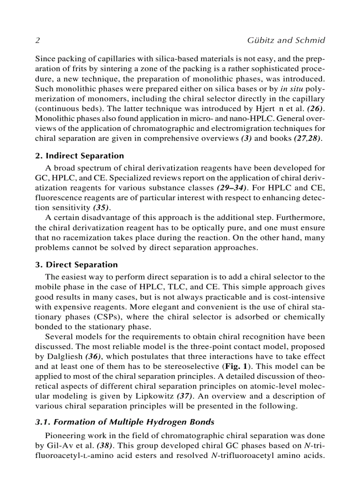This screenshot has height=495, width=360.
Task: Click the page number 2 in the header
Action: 37,41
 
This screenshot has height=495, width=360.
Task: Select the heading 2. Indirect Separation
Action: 79,156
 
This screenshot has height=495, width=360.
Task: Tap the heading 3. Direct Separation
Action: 76,265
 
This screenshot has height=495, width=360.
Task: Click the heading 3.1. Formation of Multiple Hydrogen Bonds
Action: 124,422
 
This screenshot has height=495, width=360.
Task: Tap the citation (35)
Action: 101,207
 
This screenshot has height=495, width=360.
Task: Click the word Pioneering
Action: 67,435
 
